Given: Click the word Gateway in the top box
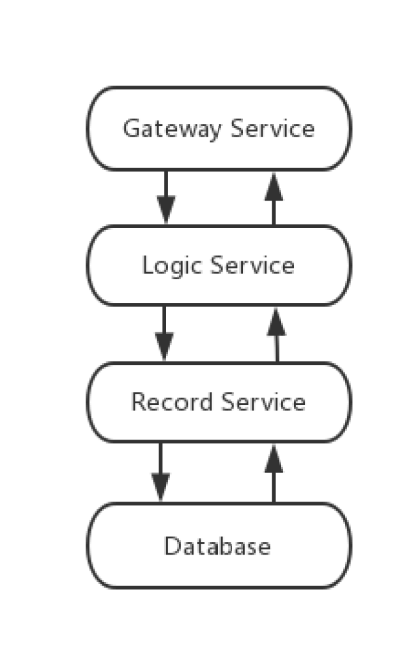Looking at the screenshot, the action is point(172,128).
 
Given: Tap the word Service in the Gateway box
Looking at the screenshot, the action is point(273,128).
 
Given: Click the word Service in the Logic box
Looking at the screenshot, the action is point(253,265).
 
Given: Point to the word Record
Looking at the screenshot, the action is point(172,402).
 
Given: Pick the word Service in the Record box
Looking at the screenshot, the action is point(263,402).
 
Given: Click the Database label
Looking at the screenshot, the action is point(217,546).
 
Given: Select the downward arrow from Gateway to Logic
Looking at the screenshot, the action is point(166,197).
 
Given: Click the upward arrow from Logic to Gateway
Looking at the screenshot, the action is point(274,199).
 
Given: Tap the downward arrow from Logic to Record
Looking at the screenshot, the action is point(164,334).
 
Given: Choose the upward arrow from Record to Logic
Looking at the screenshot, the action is point(277,335).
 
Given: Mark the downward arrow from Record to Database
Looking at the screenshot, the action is point(160,472).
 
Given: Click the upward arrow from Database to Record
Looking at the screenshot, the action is point(274,473).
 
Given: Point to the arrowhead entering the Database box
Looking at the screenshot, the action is point(160,488).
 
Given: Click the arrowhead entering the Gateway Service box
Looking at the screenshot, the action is point(274,186).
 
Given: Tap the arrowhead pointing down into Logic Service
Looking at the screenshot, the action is point(166,211).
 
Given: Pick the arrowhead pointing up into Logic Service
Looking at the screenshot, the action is point(277,322).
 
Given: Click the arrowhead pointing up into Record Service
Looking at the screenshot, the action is point(274,459).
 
